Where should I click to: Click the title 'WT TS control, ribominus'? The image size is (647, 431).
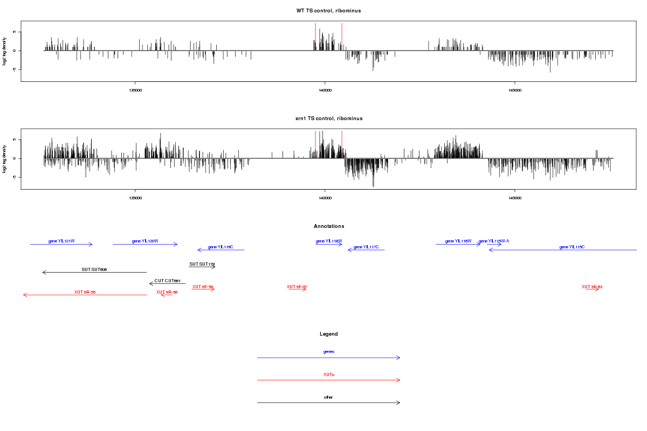(x=328, y=11)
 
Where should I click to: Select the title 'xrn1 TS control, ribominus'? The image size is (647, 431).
(x=329, y=118)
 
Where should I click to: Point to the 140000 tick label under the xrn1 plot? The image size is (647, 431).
(x=325, y=198)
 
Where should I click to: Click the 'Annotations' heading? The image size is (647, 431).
(x=329, y=226)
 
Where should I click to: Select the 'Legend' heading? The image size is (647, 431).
(x=329, y=334)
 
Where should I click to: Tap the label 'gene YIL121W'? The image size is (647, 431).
(x=61, y=241)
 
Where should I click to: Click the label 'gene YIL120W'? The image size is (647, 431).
(x=145, y=241)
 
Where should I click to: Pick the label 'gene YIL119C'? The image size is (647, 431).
(x=221, y=247)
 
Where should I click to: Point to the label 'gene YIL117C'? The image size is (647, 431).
(x=366, y=247)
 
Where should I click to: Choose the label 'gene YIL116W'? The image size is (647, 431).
(x=458, y=241)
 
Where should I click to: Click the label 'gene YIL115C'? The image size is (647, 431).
(x=572, y=247)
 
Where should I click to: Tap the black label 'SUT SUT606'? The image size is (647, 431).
(x=94, y=269)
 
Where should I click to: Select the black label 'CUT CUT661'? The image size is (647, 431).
(x=167, y=281)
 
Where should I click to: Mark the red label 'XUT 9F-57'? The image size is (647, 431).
(x=297, y=287)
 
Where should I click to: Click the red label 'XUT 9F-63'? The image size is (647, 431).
(x=592, y=287)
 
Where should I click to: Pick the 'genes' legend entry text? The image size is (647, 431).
(x=329, y=351)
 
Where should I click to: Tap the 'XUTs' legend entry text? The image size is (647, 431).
(x=329, y=374)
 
